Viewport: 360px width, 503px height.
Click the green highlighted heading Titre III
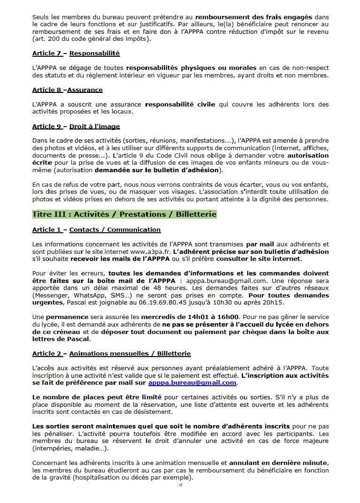124,214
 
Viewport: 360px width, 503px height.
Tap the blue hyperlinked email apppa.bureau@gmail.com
192,382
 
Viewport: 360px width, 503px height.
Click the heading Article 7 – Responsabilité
76,53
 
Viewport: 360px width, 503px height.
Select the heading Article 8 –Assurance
67,90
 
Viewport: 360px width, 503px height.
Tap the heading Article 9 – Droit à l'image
76,126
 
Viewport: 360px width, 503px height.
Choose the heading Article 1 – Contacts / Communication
96,229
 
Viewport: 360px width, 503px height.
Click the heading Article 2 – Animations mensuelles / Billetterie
111,353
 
